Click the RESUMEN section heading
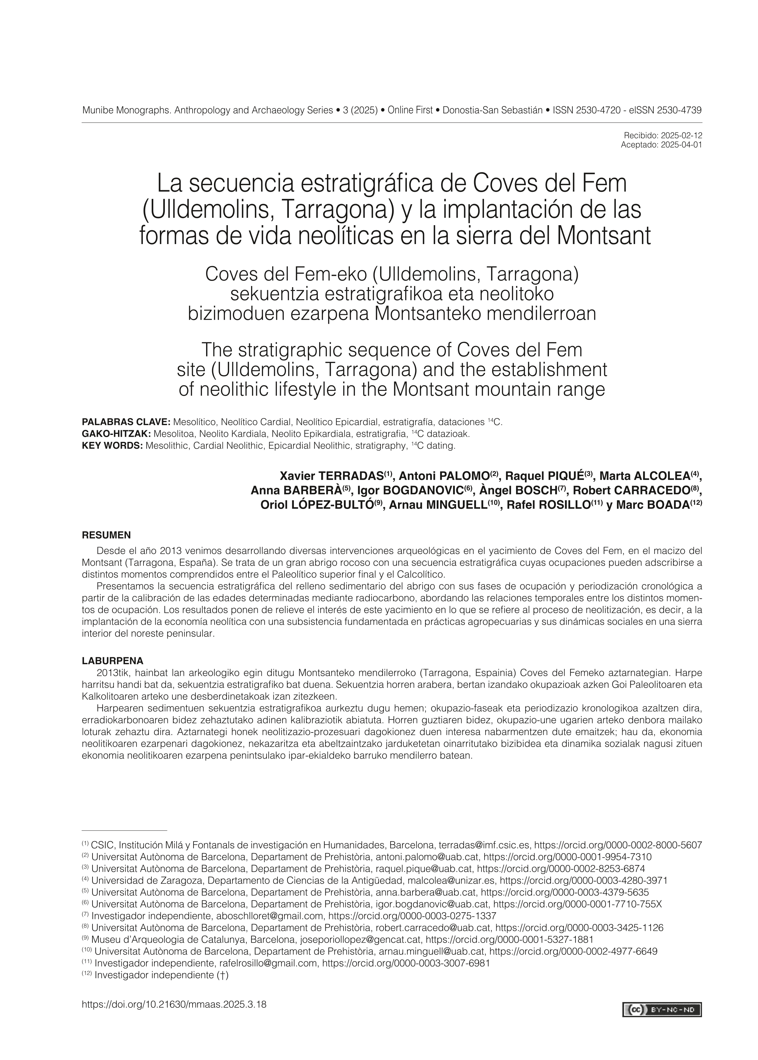pos(106,535)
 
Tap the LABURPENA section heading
pos(112,661)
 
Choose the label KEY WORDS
pos(112,446)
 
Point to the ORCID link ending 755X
pos(578,904)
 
